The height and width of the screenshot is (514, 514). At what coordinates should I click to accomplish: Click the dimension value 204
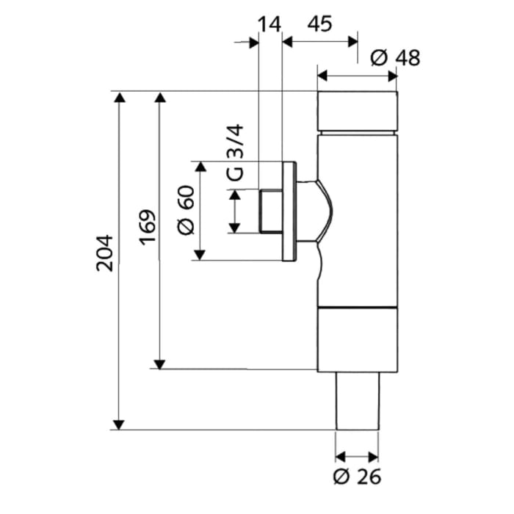(x=106, y=253)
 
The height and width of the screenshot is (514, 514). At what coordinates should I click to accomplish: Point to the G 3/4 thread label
(x=234, y=153)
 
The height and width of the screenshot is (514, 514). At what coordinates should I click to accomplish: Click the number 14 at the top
(x=269, y=23)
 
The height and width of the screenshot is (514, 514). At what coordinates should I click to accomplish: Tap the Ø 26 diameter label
(x=357, y=477)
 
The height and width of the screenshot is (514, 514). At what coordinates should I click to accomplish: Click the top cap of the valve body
(x=357, y=111)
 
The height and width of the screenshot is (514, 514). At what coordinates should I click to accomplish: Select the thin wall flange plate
(x=289, y=211)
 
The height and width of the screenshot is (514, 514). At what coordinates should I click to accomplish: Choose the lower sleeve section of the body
(x=357, y=339)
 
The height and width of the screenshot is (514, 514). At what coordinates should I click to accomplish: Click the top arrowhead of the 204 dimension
(x=119, y=98)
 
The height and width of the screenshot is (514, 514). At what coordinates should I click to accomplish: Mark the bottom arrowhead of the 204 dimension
(x=119, y=424)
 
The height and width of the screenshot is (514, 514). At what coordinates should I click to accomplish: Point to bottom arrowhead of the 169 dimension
(x=159, y=363)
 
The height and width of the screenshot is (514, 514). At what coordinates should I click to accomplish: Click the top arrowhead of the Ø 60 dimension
(x=199, y=167)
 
